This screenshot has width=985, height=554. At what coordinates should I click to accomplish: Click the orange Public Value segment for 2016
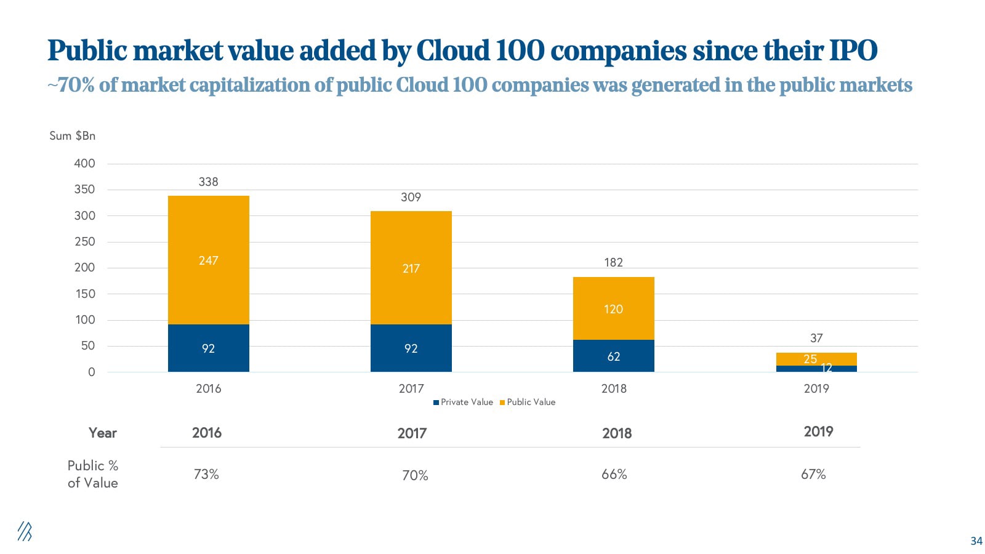208,260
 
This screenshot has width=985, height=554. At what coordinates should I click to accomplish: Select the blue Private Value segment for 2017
411,348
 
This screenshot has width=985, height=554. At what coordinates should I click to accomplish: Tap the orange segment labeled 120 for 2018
613,308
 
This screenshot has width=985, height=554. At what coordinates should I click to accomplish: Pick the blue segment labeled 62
613,356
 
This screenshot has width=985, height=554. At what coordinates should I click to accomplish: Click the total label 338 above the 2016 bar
208,182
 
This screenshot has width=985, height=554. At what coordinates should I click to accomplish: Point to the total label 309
411,197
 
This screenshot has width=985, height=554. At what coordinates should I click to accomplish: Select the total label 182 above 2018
613,262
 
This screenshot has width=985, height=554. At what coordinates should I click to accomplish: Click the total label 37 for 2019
816,338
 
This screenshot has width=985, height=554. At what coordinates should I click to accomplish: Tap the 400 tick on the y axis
84,163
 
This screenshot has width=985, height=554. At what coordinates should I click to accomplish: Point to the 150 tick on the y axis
84,294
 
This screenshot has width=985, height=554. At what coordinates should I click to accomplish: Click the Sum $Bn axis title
72,135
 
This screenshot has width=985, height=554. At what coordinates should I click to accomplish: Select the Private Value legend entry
463,402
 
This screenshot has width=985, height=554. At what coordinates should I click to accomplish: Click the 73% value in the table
206,474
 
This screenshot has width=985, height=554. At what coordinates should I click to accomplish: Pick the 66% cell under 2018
614,474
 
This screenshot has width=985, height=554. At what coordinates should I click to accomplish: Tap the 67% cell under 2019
813,474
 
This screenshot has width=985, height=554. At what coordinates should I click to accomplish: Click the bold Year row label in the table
102,433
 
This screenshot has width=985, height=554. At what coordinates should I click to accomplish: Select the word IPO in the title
852,50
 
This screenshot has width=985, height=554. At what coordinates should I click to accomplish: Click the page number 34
976,541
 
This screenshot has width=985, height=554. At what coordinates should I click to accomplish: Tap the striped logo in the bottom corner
24,531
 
